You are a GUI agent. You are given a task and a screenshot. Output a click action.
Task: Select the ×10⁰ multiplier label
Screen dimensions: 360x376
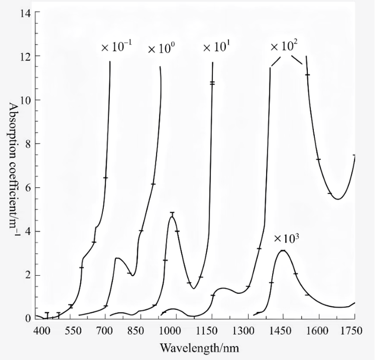tap(160, 49)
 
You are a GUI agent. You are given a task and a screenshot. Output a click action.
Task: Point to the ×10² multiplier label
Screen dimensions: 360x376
tap(284, 47)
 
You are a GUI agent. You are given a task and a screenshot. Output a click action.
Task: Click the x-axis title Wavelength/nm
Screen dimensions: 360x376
tap(199, 347)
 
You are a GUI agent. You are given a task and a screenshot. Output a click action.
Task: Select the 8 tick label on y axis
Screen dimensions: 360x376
tap(28, 144)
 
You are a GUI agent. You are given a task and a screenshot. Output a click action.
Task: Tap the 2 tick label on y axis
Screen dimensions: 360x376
tap(28, 276)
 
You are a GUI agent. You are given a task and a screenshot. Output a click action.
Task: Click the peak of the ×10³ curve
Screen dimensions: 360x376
tap(282, 251)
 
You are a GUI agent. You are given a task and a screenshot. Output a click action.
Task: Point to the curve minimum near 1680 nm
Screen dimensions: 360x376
tap(338, 199)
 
